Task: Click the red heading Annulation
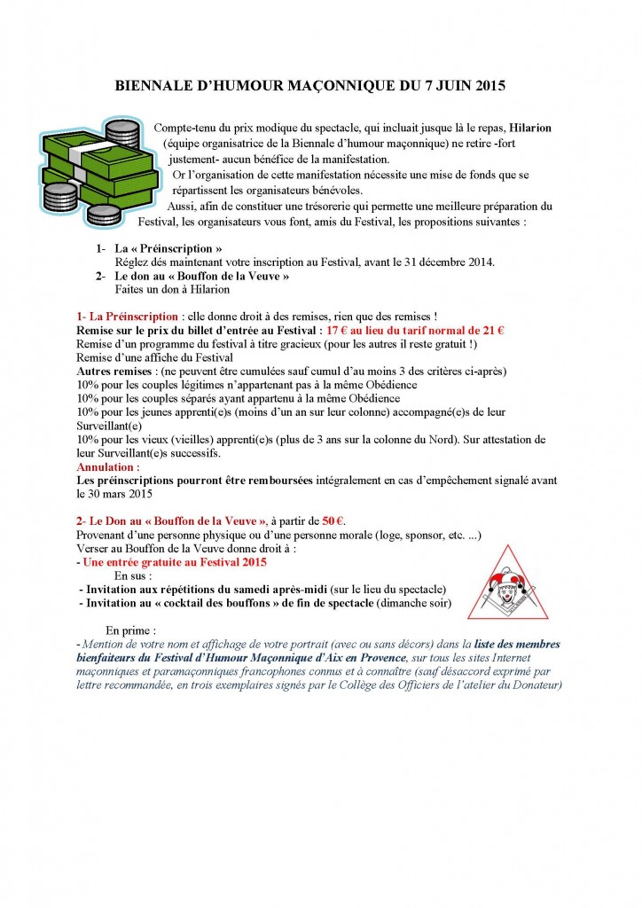(x=108, y=466)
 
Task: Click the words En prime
(x=129, y=630)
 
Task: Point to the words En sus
(x=136, y=575)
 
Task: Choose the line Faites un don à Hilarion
(x=172, y=289)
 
